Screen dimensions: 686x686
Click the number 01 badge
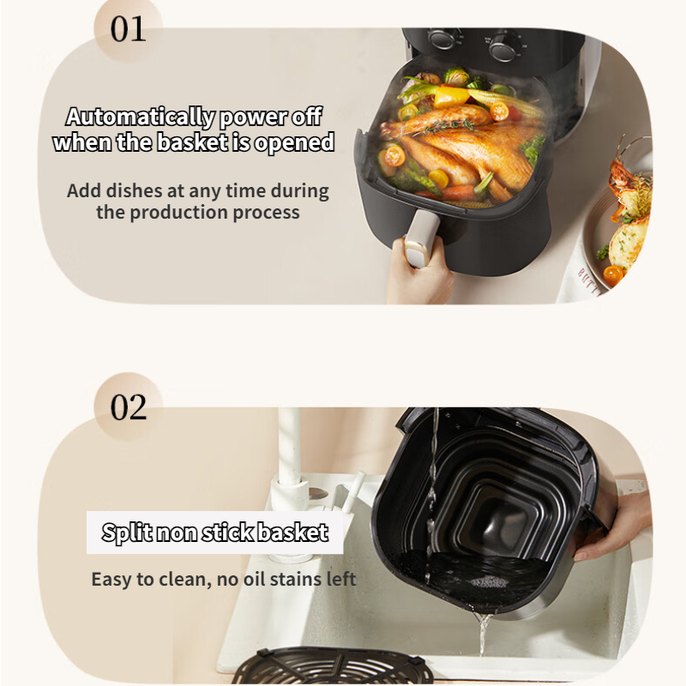coord(128,29)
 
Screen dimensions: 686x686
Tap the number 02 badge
coord(128,406)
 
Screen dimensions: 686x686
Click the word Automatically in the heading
coord(141,117)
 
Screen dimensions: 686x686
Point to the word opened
coord(294,143)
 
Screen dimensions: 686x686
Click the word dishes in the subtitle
coord(135,190)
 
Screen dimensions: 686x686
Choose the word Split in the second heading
coord(127,533)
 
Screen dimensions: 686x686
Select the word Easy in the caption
coord(111,580)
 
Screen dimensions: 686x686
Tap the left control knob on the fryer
coord(442,38)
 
